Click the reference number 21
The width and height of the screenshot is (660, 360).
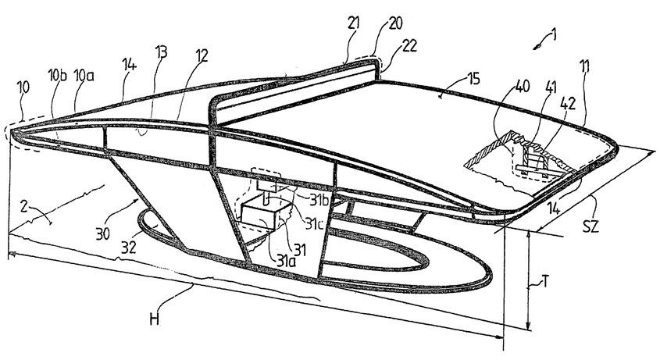(354, 23)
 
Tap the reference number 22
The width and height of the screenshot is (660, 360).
(409, 45)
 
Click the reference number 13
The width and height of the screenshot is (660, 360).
(161, 52)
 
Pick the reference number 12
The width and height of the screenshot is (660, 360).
(202, 56)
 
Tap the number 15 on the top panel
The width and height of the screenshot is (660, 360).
(473, 79)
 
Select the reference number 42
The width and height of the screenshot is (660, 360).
(567, 104)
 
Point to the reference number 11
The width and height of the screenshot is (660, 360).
(584, 66)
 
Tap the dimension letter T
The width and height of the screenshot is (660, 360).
(544, 281)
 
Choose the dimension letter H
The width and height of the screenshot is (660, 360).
(155, 319)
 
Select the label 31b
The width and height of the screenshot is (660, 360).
(319, 201)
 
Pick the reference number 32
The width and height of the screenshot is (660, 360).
(128, 247)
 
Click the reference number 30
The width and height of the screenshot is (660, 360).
(102, 233)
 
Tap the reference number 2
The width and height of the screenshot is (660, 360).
(25, 207)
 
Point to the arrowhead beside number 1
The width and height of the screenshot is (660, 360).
(537, 48)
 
